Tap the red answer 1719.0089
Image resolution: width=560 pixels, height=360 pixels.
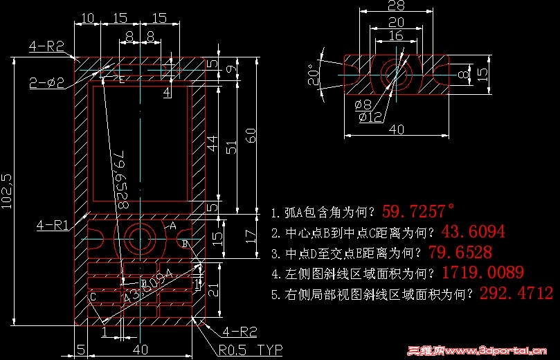[x=482, y=272]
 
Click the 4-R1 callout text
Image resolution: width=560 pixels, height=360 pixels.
[x=52, y=225]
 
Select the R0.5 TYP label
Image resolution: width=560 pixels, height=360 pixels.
[x=251, y=349]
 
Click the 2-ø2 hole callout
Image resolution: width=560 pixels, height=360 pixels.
[x=47, y=83]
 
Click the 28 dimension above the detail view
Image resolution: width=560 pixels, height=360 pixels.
[x=396, y=6]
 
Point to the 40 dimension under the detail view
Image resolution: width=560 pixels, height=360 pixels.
[x=396, y=129]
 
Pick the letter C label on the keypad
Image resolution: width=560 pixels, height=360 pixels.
[x=93, y=296]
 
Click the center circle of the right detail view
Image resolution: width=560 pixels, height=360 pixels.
[x=395, y=71]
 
